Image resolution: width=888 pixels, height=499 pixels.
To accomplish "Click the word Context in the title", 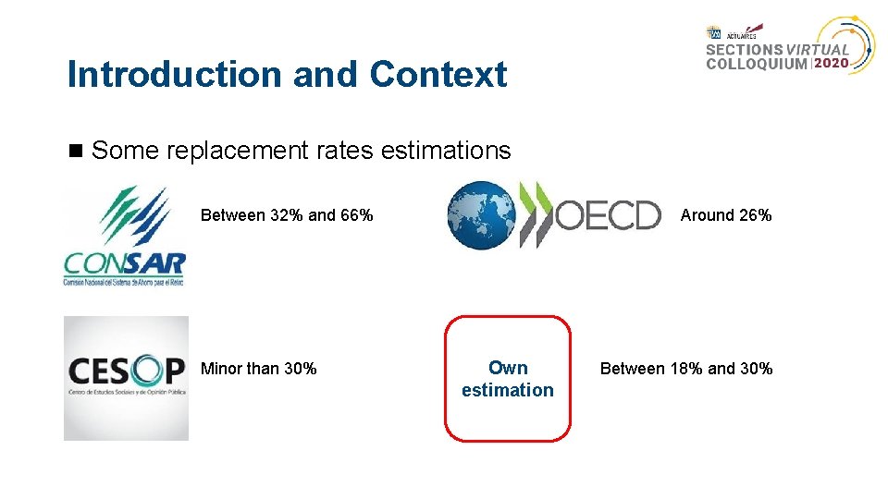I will tap(438, 75).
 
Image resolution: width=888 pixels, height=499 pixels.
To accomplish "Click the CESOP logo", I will tap(126, 378).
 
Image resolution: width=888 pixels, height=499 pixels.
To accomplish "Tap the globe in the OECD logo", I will tap(481, 215).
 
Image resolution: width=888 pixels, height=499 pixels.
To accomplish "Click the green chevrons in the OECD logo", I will tap(536, 215).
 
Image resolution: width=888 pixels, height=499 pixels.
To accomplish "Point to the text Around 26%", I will tap(726, 215).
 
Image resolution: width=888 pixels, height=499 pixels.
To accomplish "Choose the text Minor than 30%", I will tap(258, 369).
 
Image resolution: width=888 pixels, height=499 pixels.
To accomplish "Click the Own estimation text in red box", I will tap(508, 379).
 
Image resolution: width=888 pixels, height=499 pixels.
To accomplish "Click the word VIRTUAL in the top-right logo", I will tap(818, 50).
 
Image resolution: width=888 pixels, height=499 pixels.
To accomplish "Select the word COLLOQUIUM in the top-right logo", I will tap(757, 64).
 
